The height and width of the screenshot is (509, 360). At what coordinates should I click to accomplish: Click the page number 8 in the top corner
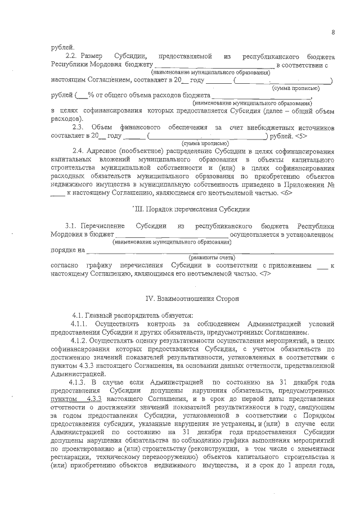(x=333, y=32)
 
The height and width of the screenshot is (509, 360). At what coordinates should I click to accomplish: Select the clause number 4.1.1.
(x=81, y=325)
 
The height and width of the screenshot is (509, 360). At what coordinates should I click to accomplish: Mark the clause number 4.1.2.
(x=81, y=341)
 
